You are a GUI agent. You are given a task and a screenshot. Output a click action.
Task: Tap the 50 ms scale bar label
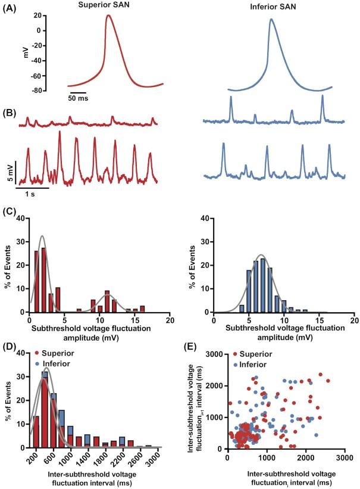(x=77, y=98)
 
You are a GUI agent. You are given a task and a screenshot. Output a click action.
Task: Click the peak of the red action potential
(x=108, y=16)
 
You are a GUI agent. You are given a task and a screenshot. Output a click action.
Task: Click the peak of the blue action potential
(x=271, y=20)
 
